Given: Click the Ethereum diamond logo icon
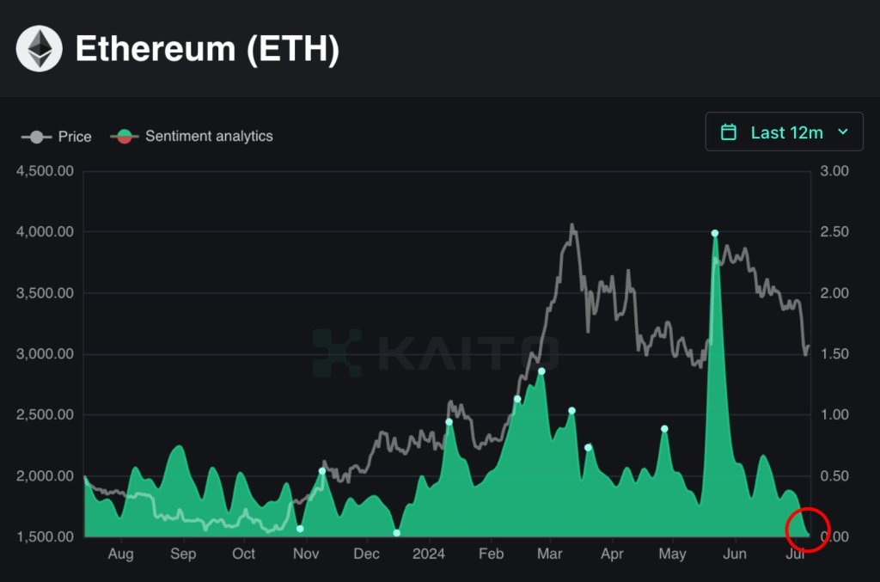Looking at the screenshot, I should tap(40, 49).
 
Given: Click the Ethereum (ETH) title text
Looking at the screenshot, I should tap(207, 49).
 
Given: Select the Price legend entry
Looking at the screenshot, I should tap(57, 136).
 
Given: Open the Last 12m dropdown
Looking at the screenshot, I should tap(784, 132).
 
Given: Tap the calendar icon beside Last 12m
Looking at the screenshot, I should tap(729, 132).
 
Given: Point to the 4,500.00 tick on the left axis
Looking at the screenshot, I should tap(46, 171).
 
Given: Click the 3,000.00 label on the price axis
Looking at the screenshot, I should tap(46, 354).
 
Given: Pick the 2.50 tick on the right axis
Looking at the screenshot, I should tap(834, 232).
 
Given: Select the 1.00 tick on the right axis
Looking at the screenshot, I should tap(834, 415).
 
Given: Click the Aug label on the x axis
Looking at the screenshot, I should tap(121, 554).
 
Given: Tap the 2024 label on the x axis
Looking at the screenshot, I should tap(428, 554).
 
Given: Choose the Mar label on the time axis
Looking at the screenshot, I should tap(550, 554).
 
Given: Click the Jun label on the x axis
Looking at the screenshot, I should tap(735, 554).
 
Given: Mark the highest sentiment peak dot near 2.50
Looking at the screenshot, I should tap(714, 233).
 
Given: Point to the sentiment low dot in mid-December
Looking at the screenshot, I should tap(397, 533).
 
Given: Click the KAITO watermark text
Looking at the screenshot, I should tap(468, 352).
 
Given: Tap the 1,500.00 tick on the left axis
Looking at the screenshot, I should tap(46, 537).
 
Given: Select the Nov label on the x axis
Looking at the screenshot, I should tap(306, 554).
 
